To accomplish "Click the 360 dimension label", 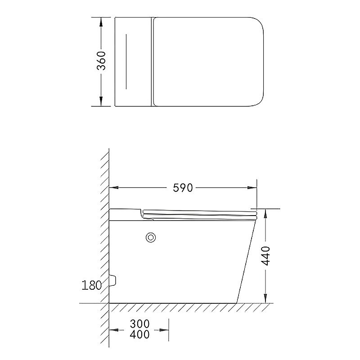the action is click(x=101, y=61).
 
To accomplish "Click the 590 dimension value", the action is click(x=183, y=188).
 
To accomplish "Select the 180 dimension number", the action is click(x=91, y=285).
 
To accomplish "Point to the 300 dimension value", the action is click(x=139, y=324).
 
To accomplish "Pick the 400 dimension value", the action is click(x=139, y=334).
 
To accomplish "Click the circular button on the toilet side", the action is click(x=151, y=238).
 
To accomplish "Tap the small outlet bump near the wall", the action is click(x=112, y=280).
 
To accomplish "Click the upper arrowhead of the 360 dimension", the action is click(x=101, y=22).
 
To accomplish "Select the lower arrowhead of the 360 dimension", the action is click(x=101, y=102).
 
